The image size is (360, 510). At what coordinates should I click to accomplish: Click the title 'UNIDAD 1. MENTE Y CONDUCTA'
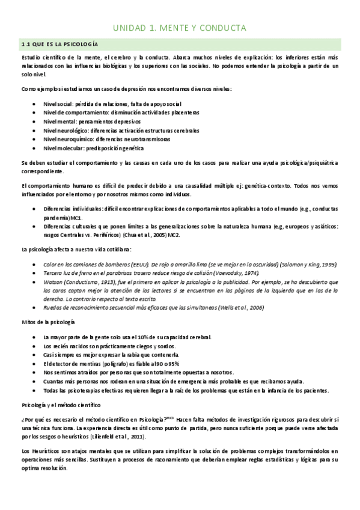(180, 28)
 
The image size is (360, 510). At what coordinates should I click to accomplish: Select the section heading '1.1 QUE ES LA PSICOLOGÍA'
(59, 45)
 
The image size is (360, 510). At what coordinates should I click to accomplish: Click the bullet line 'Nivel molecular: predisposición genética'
(102, 147)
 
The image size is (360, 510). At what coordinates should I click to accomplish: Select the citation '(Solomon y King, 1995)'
(304, 265)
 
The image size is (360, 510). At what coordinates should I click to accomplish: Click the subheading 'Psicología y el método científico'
(63, 405)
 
